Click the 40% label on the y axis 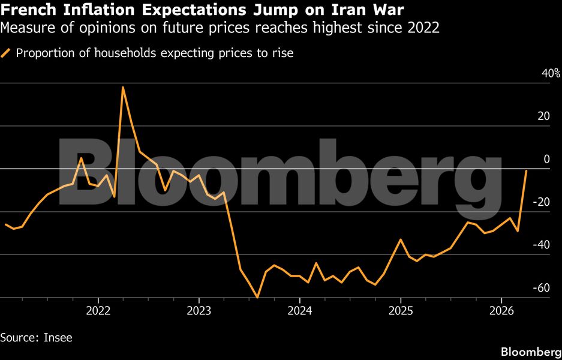(551, 73)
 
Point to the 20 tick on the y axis (544, 116)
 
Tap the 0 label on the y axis (546, 159)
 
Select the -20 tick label (542, 202)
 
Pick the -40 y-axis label (542, 245)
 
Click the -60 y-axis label (542, 287)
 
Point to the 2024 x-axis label (299, 311)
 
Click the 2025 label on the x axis (400, 311)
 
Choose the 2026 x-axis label (501, 311)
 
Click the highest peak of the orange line (123, 88)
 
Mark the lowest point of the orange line (257, 297)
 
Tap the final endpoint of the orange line (526, 171)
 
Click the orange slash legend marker (6, 53)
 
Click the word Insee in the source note (58, 338)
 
